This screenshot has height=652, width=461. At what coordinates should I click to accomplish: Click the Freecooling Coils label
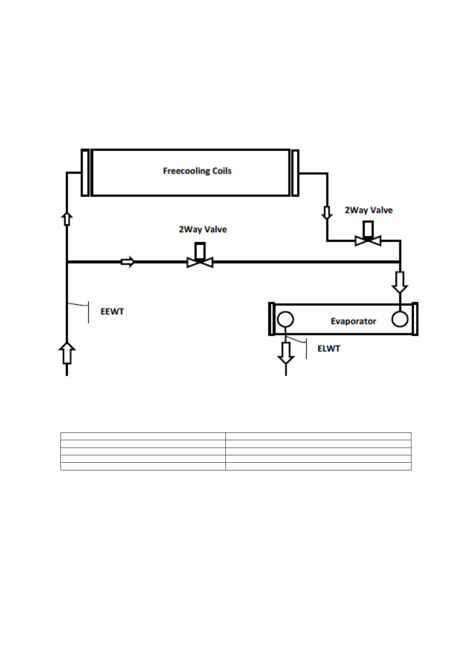click(x=197, y=171)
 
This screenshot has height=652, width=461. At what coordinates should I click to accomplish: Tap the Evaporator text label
click(x=353, y=321)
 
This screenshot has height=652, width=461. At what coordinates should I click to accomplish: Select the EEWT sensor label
click(x=112, y=312)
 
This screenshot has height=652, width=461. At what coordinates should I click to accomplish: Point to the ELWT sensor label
click(x=329, y=348)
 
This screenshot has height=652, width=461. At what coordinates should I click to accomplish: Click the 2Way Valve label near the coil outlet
click(x=368, y=210)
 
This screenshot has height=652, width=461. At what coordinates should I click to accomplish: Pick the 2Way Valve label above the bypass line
click(x=203, y=229)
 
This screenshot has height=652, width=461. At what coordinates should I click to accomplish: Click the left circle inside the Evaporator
click(x=285, y=320)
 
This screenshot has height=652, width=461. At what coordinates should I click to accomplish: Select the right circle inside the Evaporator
click(x=399, y=319)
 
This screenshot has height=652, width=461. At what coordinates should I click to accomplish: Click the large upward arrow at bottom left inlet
click(x=67, y=353)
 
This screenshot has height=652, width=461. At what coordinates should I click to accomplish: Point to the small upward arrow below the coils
click(x=67, y=218)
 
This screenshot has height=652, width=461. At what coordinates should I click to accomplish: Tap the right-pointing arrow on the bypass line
click(x=127, y=262)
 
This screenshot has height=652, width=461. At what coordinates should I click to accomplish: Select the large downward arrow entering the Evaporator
click(x=400, y=282)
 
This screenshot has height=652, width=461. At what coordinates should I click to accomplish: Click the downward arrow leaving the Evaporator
click(x=286, y=352)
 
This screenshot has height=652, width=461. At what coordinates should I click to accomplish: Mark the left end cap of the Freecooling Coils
click(x=85, y=173)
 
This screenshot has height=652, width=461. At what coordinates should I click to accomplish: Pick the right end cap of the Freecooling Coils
click(x=295, y=173)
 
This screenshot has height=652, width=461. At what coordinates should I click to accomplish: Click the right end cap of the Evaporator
click(x=415, y=319)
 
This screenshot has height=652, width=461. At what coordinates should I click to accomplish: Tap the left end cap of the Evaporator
click(x=272, y=319)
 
